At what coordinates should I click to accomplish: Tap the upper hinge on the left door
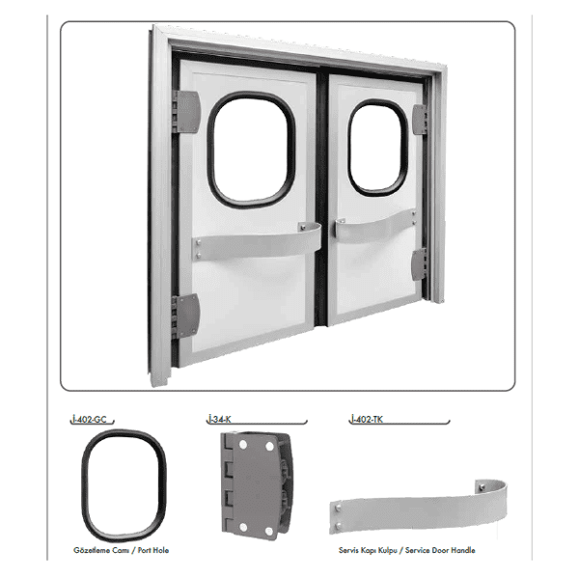pyautogui.click(x=187, y=112)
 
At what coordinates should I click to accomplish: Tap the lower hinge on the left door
pyautogui.click(x=186, y=316)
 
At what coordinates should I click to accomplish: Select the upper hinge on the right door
pyautogui.click(x=420, y=120)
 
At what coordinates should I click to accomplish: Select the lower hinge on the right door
pyautogui.click(x=419, y=264)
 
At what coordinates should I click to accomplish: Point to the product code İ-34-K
pyautogui.click(x=219, y=419)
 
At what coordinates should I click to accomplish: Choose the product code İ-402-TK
pyautogui.click(x=367, y=419)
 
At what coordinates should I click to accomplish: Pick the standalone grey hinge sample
pyautogui.click(x=257, y=486)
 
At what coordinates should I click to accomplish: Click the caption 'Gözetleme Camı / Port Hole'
pyautogui.click(x=122, y=550)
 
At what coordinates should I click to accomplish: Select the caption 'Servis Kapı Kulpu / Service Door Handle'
pyautogui.click(x=407, y=550)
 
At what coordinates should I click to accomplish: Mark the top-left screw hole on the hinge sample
pyautogui.click(x=242, y=445)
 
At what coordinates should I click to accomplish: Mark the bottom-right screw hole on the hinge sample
pyautogui.click(x=269, y=531)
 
